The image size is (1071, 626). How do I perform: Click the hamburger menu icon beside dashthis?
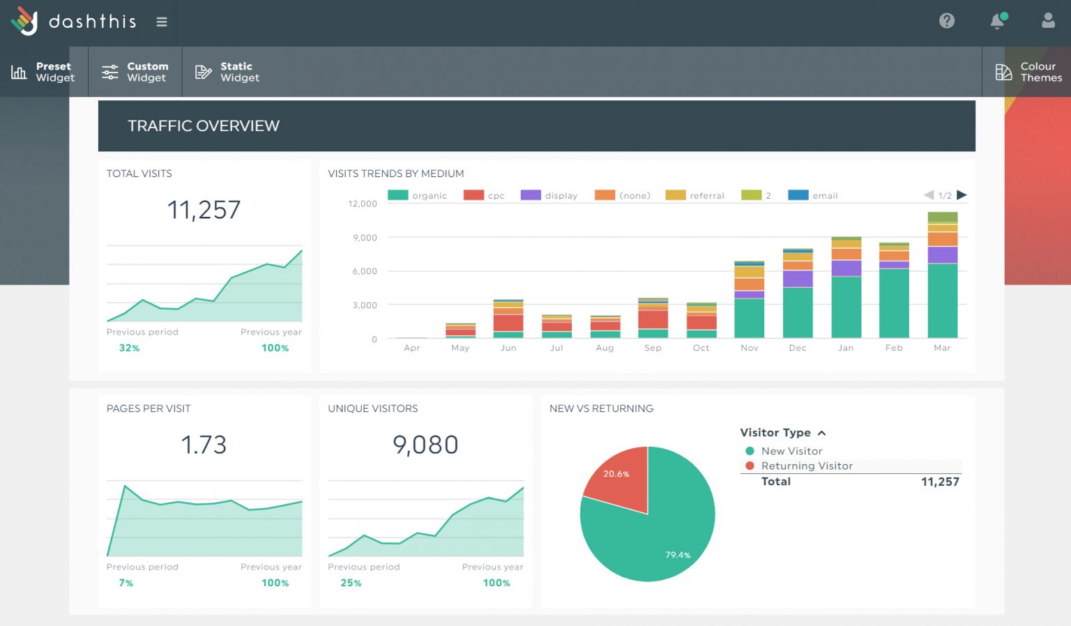pos(162,22)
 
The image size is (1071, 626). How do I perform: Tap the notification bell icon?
pos(997,22)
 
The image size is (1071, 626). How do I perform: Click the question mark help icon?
pos(946,21)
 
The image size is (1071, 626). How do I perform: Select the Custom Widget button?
pos(135,72)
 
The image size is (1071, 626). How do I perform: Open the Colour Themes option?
pos(1028,72)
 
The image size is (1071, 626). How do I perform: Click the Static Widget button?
pos(227,72)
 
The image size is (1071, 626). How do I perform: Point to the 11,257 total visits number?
pos(204,210)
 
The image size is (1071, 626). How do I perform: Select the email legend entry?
pos(813,195)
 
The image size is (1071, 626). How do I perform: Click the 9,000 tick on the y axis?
pos(365,238)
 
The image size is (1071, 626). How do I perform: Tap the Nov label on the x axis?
pos(749,348)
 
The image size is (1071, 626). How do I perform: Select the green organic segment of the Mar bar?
pos(942,300)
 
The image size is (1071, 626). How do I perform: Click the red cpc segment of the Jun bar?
pos(508,323)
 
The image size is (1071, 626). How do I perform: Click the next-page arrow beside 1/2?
pos(962,195)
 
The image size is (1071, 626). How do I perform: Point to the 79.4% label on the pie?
pos(677,555)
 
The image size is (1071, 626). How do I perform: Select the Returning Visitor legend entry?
pos(806,466)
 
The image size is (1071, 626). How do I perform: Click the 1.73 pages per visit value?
pos(204,445)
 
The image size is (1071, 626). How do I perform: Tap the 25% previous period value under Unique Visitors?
pos(351,583)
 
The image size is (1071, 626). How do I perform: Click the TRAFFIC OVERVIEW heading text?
pos(204,126)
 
